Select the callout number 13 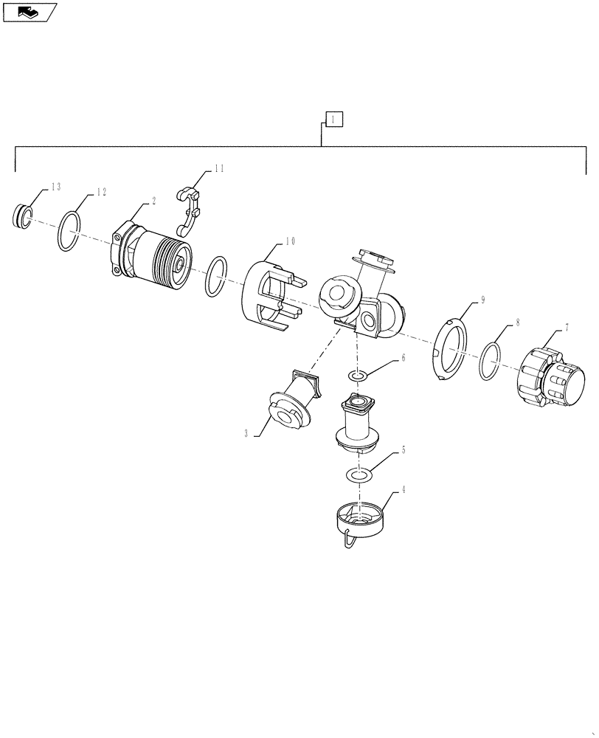55,187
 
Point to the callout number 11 218,169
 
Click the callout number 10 290,241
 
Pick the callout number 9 483,300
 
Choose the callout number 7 567,325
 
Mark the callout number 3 246,434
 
